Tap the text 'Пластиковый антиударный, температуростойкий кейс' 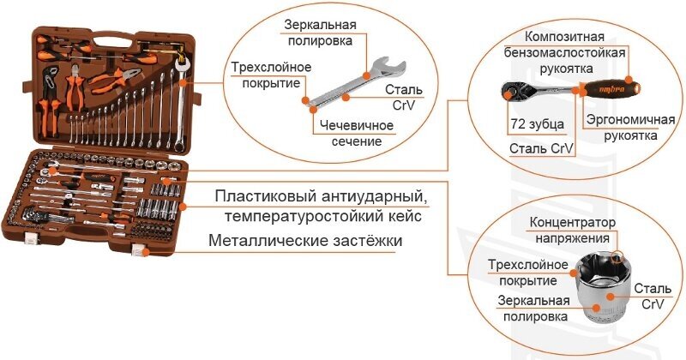point(319,206)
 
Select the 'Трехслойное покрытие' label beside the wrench point(269,75)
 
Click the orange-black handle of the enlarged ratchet point(609,87)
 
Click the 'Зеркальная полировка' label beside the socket point(534,308)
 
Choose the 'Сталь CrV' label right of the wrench point(404,97)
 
